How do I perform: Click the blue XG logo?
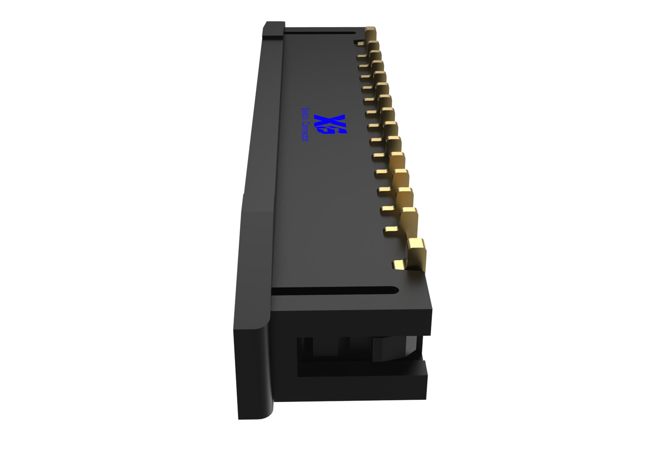click(330, 124)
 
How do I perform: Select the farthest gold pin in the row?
click(370, 33)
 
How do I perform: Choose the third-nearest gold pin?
click(404, 198)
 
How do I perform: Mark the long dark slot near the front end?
click(334, 291)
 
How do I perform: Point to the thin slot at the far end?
click(319, 32)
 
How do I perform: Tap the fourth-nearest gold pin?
click(401, 179)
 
